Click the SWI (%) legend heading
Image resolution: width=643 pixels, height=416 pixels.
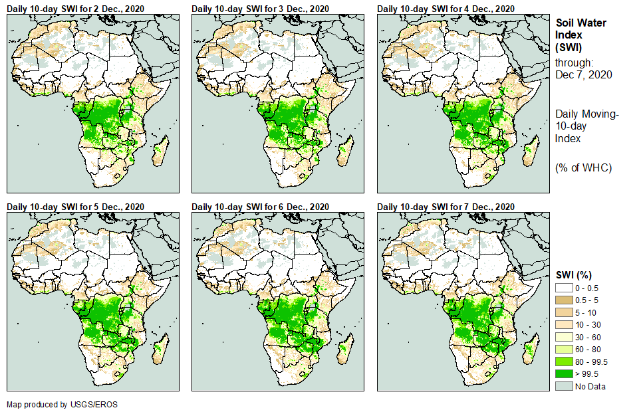tap(574, 274)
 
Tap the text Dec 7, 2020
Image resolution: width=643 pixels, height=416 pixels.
tap(584, 74)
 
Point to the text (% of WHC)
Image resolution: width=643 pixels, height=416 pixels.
tap(583, 167)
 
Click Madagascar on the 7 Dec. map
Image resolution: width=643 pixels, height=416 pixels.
tap(529, 348)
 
